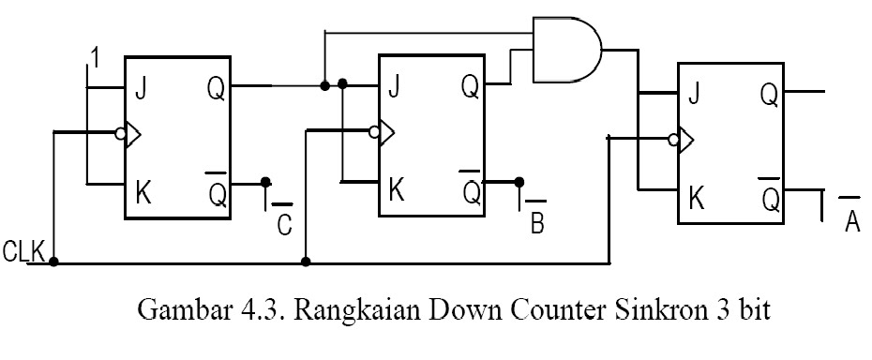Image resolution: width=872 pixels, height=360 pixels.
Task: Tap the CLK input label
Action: coord(23,252)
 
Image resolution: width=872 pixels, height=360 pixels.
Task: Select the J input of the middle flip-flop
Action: coord(394,87)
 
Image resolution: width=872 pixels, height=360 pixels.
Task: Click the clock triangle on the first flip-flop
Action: coord(134,134)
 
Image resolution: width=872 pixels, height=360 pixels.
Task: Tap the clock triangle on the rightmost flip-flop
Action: coord(685,141)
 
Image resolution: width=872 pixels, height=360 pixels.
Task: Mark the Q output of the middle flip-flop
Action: coord(470,87)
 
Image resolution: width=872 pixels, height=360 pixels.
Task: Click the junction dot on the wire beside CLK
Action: coord(54,262)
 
